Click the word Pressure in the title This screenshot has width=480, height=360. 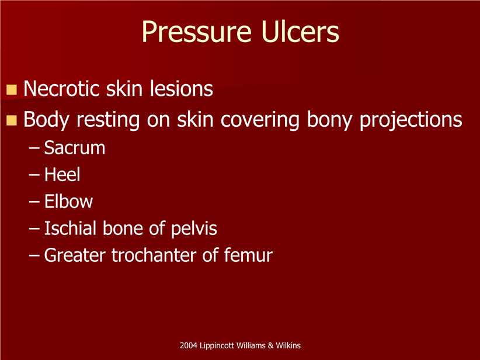pyautogui.click(x=197, y=32)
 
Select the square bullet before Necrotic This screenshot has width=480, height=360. pyautogui.click(x=11, y=90)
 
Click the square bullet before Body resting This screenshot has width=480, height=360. pyautogui.click(x=11, y=120)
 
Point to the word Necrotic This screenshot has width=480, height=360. pyautogui.click(x=61, y=89)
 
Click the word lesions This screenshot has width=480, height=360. pyautogui.click(x=181, y=89)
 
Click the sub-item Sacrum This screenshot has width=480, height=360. pyautogui.click(x=75, y=148)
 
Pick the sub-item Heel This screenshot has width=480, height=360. pyautogui.click(x=62, y=175)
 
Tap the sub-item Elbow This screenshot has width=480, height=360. pyautogui.click(x=68, y=202)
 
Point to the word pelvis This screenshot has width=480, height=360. pyautogui.click(x=194, y=229)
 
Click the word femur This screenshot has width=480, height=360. pyautogui.click(x=248, y=255)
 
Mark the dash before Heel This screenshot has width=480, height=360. pyautogui.click(x=34, y=175)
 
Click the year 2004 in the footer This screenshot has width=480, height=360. pyautogui.click(x=188, y=345)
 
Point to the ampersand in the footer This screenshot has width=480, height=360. pyautogui.click(x=270, y=345)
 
